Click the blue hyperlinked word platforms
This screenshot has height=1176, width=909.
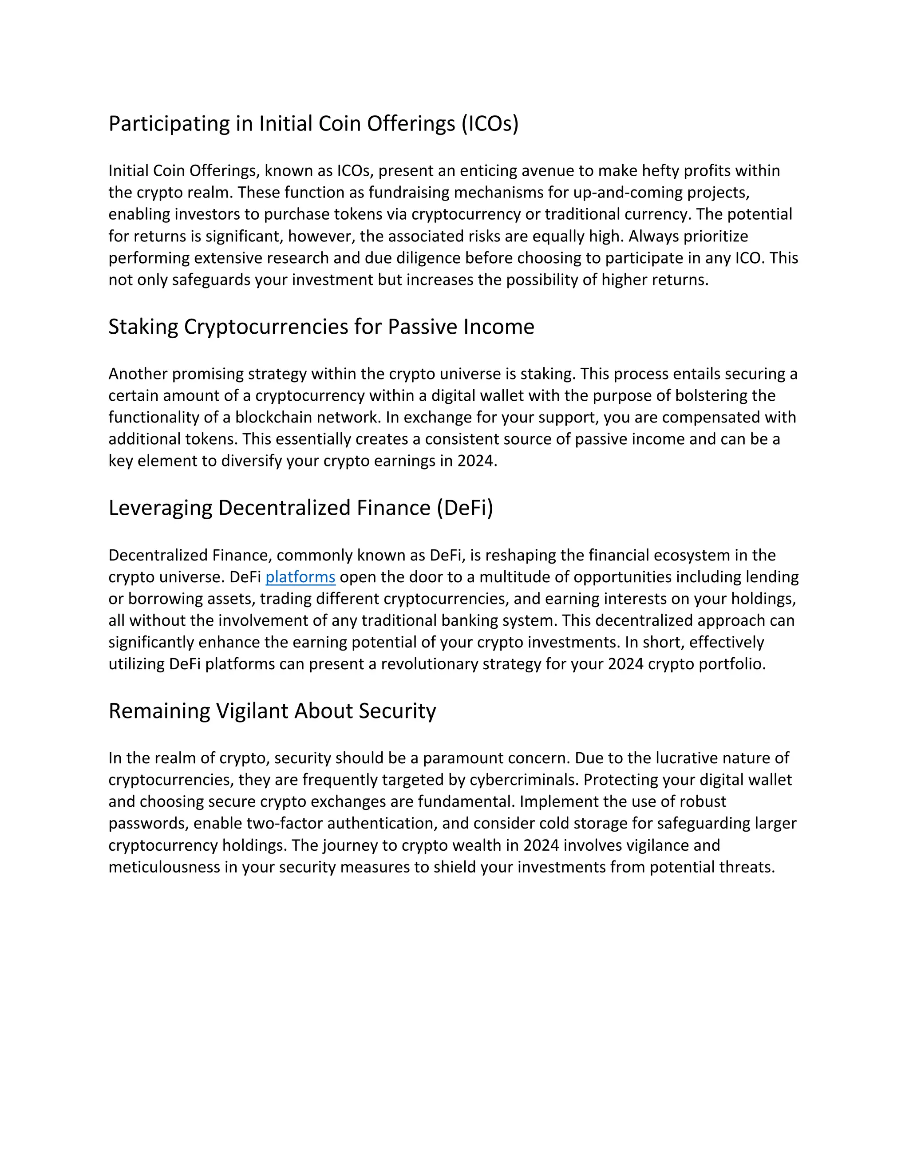[300, 577]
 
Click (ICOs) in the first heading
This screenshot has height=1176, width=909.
[489, 124]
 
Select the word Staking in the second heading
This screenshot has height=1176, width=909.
[143, 327]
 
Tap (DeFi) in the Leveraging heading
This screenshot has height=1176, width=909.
[465, 508]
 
